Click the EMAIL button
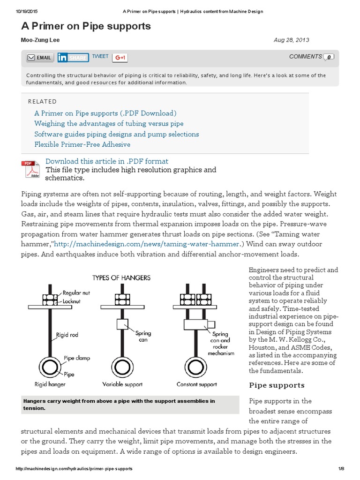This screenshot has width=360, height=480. (x=39, y=58)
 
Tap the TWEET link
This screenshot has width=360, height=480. (x=100, y=57)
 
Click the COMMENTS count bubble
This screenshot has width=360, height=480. (x=329, y=57)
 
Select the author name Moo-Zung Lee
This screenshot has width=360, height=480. (x=41, y=40)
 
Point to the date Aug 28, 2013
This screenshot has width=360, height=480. (x=291, y=40)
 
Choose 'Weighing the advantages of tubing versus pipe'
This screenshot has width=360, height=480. (x=109, y=124)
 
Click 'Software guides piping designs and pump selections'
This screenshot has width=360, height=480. (x=116, y=134)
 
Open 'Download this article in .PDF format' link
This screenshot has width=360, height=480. (x=107, y=161)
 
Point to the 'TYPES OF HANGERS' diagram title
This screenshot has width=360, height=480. (x=121, y=277)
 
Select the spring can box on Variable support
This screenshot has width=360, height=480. (x=122, y=324)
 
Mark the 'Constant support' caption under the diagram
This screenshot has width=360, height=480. (x=197, y=384)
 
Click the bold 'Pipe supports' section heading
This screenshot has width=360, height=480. (x=277, y=385)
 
